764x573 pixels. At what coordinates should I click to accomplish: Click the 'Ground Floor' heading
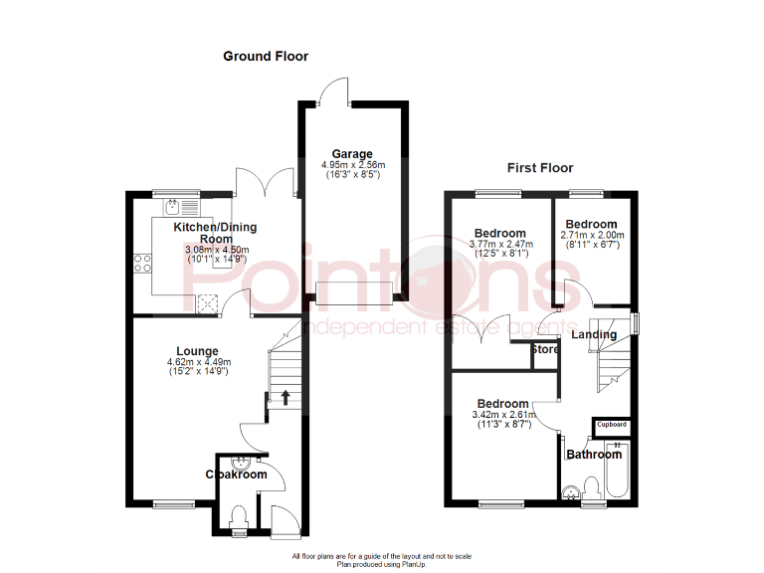point(265,57)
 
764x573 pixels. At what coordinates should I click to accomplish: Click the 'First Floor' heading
point(540,168)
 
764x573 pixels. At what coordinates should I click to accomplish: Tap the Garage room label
point(352,154)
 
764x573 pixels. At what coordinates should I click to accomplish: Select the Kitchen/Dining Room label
point(209,233)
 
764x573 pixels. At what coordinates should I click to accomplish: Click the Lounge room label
point(197,350)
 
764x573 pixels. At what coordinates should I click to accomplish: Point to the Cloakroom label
point(237,476)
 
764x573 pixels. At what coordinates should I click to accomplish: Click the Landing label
point(594,334)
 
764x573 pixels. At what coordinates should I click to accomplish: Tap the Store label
point(545,350)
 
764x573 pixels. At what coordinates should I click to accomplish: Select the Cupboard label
point(612,425)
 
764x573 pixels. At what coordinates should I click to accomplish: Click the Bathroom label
point(594,455)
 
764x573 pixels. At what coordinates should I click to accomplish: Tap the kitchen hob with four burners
point(142,264)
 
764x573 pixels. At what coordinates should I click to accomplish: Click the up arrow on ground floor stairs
point(286,399)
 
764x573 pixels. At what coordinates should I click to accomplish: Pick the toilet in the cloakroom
point(237,517)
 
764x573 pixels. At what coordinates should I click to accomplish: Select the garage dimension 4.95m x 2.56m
point(352,165)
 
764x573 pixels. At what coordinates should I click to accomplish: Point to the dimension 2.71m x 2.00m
point(591,235)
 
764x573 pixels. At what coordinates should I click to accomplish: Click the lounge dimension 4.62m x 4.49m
point(197,362)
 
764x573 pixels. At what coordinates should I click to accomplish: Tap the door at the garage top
point(336,92)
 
